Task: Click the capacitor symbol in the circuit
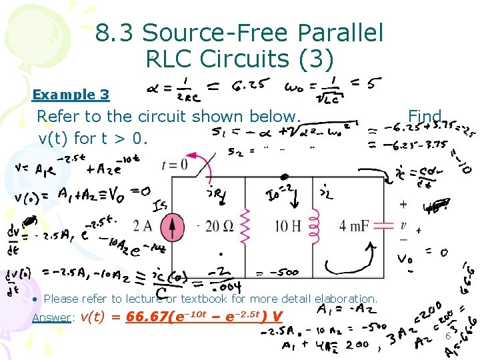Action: (x=385, y=227)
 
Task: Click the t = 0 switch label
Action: (x=175, y=164)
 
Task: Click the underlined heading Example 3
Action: (x=71, y=95)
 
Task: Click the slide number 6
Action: (x=448, y=335)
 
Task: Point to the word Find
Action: (x=425, y=117)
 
